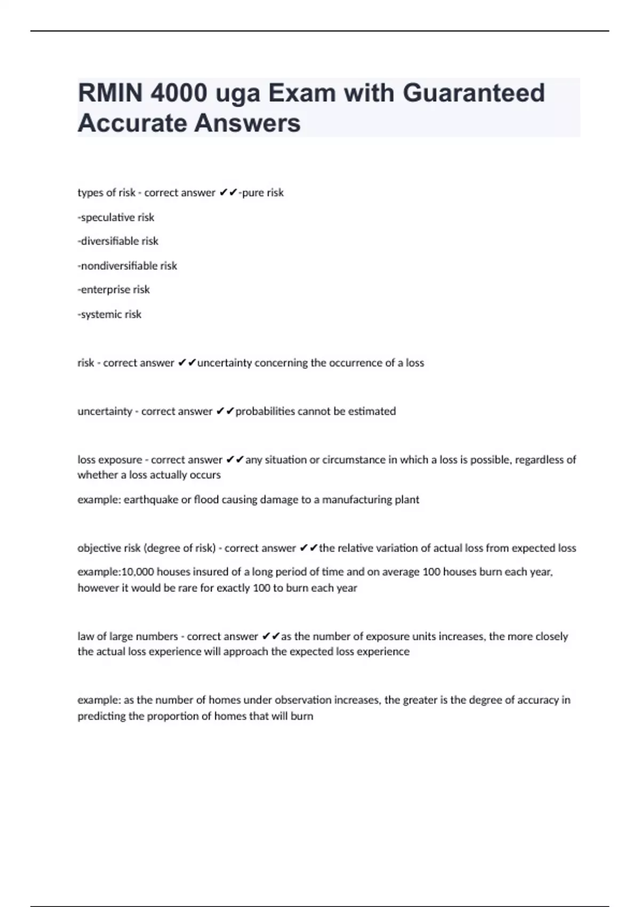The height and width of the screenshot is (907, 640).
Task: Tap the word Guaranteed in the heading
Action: click(x=474, y=93)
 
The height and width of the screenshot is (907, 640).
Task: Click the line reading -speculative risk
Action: click(x=116, y=217)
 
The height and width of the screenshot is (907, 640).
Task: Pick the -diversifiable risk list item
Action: click(x=118, y=241)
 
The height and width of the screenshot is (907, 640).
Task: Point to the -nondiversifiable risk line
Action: click(x=127, y=266)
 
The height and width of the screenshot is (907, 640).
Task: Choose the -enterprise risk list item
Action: click(x=114, y=290)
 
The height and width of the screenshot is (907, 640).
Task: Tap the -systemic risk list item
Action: click(x=109, y=314)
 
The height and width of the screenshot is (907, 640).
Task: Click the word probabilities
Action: click(x=265, y=411)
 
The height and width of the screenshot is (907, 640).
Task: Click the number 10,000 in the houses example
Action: click(x=138, y=572)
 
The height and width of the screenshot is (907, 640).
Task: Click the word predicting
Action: click(x=101, y=717)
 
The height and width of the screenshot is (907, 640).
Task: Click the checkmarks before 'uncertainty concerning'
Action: click(x=187, y=363)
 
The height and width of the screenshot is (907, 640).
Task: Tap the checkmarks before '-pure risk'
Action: click(x=228, y=193)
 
